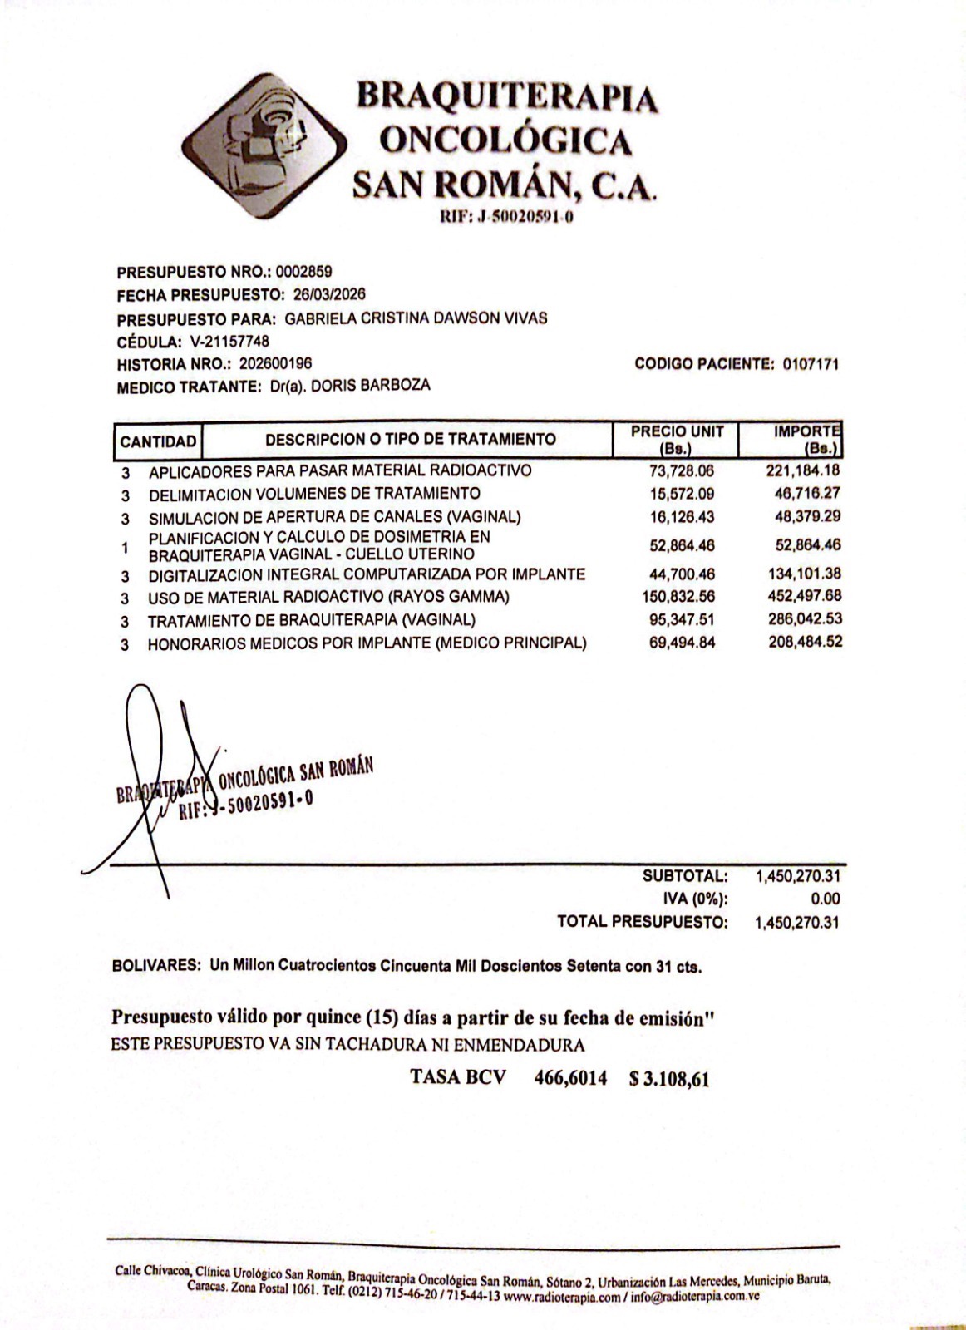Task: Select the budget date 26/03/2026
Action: [x=329, y=295]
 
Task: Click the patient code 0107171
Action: [x=811, y=364]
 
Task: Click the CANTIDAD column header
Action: [x=158, y=441]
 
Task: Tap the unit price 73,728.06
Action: [x=682, y=471]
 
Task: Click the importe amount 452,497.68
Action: [x=803, y=596]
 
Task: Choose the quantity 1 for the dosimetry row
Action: [x=125, y=548]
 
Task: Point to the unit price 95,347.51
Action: [x=682, y=619]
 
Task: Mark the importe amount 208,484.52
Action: [x=805, y=642]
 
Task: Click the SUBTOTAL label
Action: [x=685, y=876]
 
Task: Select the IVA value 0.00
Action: [x=825, y=899]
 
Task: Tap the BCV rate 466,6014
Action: [x=569, y=1078]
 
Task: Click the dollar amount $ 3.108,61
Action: [x=669, y=1079]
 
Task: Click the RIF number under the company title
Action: [x=508, y=218]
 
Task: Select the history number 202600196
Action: [x=276, y=363]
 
